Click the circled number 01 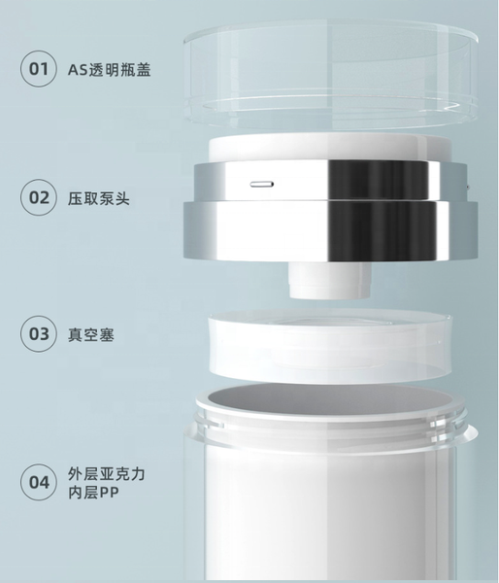point(39,69)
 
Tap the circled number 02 point(39,197)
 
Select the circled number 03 point(39,334)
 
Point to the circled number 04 point(39,482)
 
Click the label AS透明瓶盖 point(110,70)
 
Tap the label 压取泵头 point(99,198)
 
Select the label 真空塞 point(91,334)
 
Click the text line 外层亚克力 point(106,474)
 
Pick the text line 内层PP point(93,493)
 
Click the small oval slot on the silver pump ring point(262,184)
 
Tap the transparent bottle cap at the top point(331,75)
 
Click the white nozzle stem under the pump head point(331,280)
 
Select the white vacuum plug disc point(331,347)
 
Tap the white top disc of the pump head point(329,148)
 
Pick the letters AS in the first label point(78,70)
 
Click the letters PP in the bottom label point(110,493)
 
